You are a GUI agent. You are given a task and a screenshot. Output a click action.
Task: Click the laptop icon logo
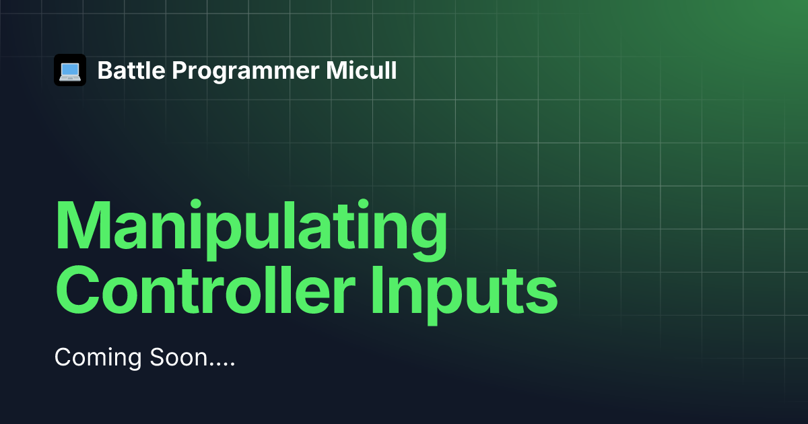pos(70,70)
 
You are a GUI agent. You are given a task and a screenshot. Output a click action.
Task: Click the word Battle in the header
pos(131,70)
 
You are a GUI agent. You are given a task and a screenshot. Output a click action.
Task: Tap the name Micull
pos(361,70)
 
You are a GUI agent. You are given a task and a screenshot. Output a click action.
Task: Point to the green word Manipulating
pos(251,230)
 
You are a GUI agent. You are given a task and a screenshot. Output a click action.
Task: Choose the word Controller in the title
pos(205,290)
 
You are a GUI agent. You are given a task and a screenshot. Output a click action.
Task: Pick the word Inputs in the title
pos(465,295)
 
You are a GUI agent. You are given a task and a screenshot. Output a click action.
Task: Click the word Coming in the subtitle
pos(98,358)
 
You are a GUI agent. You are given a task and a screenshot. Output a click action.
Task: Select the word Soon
pos(178,357)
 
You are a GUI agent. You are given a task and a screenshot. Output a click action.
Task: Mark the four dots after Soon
pos(222,365)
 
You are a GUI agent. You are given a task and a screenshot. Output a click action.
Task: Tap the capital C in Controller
pos(77,290)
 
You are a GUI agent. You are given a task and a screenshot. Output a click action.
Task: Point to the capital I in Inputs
pos(378,290)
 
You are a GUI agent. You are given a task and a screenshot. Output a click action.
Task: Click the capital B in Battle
pos(105,70)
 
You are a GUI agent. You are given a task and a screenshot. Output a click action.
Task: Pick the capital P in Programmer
pos(179,70)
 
